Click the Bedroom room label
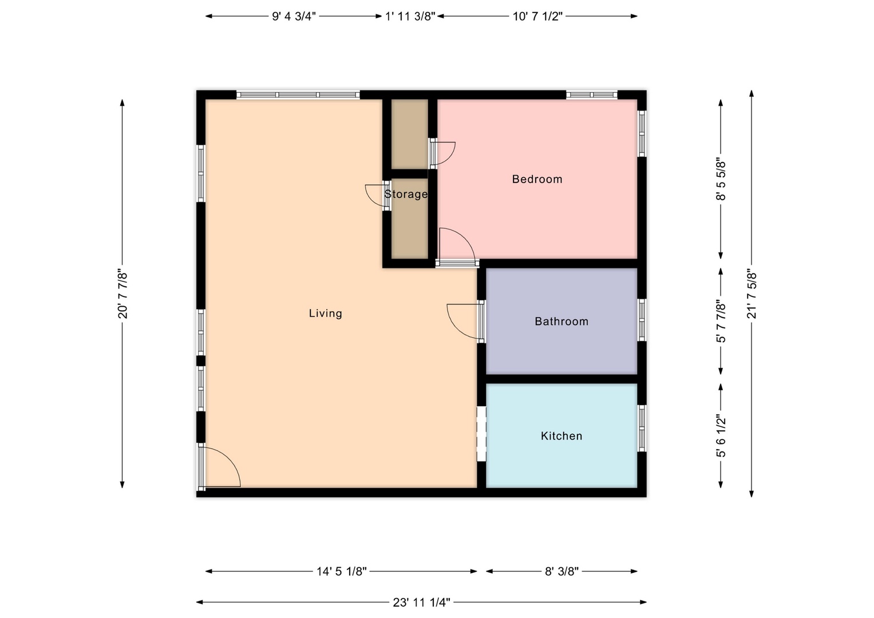pos(537,179)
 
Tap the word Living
pos(326,314)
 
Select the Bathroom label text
pos(561,322)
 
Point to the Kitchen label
pos(561,436)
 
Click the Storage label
pos(406,194)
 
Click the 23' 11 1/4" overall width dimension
pos(421,603)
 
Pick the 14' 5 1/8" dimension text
pos(341,572)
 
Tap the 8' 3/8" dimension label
pos(562,572)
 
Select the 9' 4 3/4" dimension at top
pos(294,17)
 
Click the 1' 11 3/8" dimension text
pos(410,17)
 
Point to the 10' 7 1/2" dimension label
pos(537,17)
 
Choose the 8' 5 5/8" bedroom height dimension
pos(721,179)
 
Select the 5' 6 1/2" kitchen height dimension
pos(721,436)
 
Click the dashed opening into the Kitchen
pos(481,434)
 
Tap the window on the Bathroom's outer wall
pos(642,320)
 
